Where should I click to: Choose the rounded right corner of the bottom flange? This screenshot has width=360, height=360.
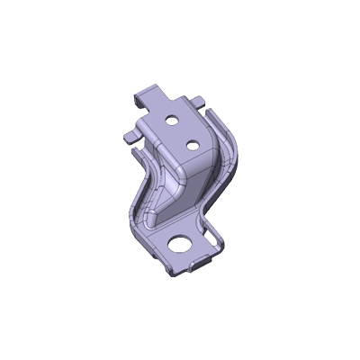[x=220, y=243]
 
